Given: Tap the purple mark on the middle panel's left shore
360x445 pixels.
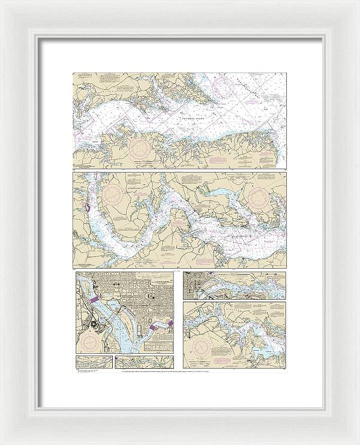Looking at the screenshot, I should (x=87, y=208).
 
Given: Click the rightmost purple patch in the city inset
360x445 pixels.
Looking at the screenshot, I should (x=170, y=324).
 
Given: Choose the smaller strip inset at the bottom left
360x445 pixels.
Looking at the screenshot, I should (x=94, y=362).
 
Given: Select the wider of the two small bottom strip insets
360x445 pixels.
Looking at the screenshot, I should (x=143, y=362).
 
